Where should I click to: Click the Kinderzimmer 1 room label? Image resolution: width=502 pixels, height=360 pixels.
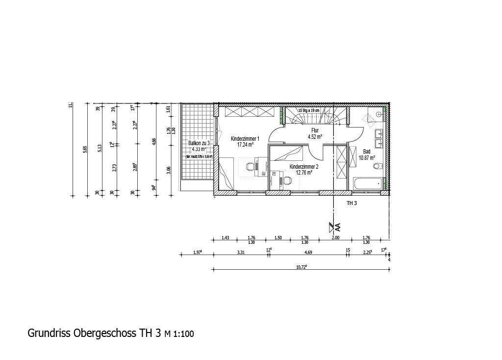point(245,139)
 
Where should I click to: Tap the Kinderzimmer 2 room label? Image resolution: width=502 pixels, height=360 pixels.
point(304,167)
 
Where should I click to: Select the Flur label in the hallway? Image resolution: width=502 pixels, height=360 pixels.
point(315,130)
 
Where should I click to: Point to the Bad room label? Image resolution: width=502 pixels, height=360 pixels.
point(367,152)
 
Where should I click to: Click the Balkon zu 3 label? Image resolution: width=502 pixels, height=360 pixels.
point(199,143)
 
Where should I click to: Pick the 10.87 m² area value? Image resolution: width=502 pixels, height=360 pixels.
point(367,158)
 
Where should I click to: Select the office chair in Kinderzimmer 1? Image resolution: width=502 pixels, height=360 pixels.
point(250,167)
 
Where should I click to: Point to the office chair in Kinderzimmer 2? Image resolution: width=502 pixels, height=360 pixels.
point(287,180)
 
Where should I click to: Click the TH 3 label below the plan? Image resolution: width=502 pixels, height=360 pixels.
point(352,203)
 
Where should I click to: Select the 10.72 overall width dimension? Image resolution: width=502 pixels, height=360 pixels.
point(301,267)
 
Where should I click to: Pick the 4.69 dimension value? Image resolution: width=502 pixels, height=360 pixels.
point(308,252)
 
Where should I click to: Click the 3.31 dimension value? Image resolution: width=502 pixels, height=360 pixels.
point(241,252)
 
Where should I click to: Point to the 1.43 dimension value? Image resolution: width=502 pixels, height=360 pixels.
point(225,238)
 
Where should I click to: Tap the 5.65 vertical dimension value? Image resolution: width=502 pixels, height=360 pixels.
point(85,150)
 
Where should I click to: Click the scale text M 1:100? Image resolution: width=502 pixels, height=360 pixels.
point(179,334)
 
